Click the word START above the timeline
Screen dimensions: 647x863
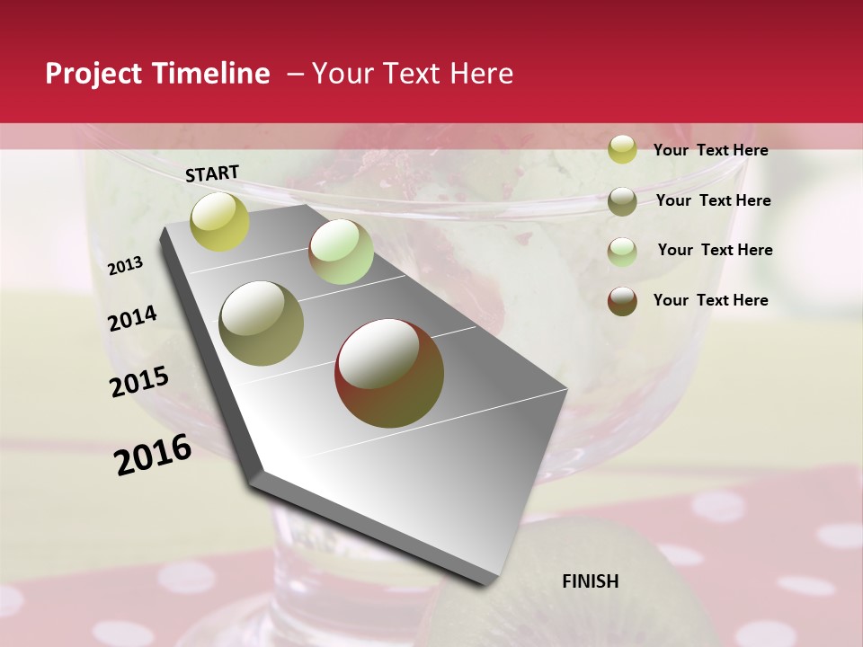[x=212, y=173]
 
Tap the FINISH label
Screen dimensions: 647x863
[x=590, y=581]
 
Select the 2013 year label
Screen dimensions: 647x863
[x=125, y=266]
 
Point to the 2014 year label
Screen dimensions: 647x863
[x=132, y=318]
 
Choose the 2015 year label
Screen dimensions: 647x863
[x=139, y=382]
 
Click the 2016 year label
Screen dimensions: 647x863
[x=153, y=455]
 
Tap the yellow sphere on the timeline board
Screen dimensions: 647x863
[x=220, y=221]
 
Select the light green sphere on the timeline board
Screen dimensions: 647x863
[x=341, y=252]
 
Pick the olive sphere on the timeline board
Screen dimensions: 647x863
[x=262, y=323]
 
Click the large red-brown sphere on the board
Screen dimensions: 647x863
[x=389, y=373]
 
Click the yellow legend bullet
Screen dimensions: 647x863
[x=622, y=150]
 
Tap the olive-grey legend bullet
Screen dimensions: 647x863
[x=622, y=201]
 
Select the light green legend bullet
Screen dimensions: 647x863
[x=622, y=251]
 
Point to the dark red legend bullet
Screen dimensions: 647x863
[x=622, y=301]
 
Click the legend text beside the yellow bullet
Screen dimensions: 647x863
[x=710, y=150]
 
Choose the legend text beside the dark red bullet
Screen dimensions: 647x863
[x=710, y=300]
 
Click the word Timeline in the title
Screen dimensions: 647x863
[x=212, y=74]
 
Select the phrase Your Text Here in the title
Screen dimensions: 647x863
[x=412, y=74]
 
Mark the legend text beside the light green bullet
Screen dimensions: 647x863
[x=715, y=250]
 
